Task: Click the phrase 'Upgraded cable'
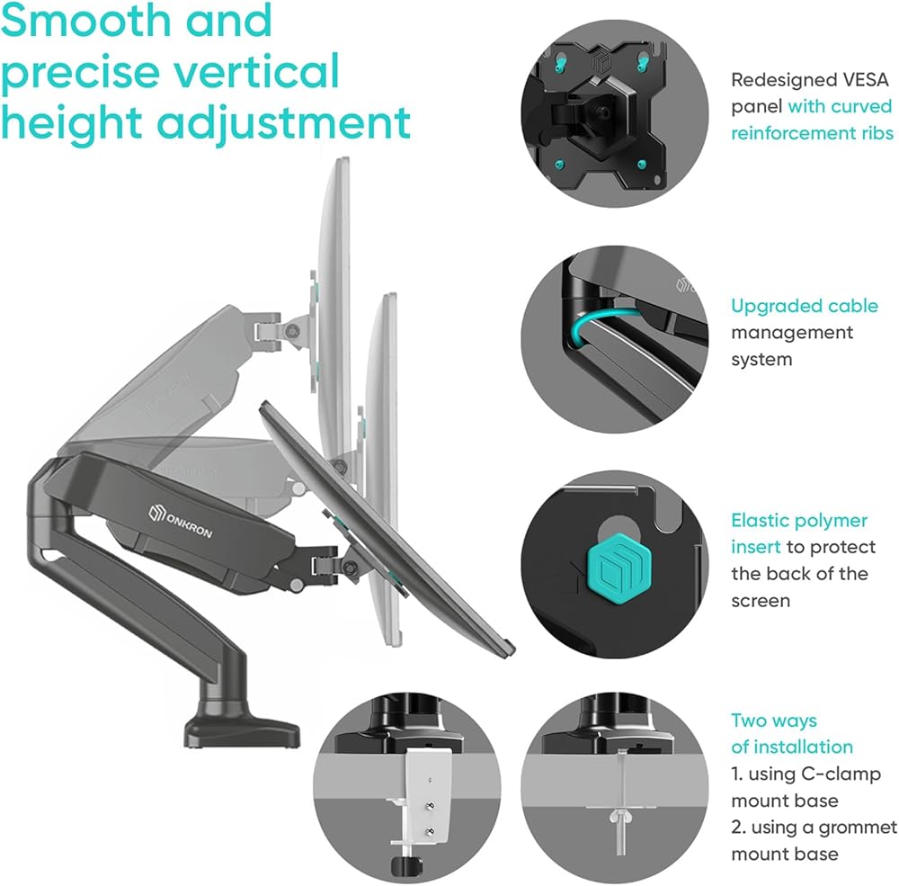(x=804, y=306)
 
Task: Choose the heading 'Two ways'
(x=773, y=720)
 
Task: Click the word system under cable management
(x=761, y=359)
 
